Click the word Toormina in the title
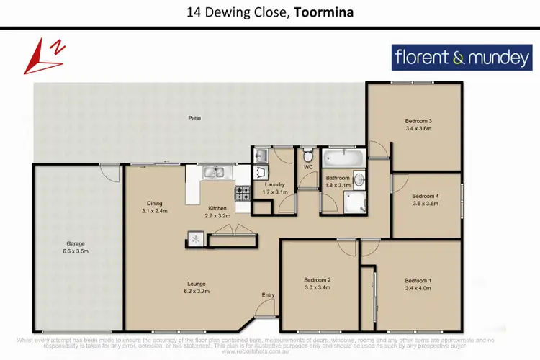[324, 12]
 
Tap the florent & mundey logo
[462, 58]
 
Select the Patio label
[194, 117]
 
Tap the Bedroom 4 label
[425, 203]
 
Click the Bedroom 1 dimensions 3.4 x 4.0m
[418, 288]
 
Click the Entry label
[268, 295]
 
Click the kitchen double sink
[213, 173]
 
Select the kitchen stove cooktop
[242, 192]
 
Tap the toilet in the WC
[308, 155]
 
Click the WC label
[308, 168]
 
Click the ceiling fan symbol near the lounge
[194, 238]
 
